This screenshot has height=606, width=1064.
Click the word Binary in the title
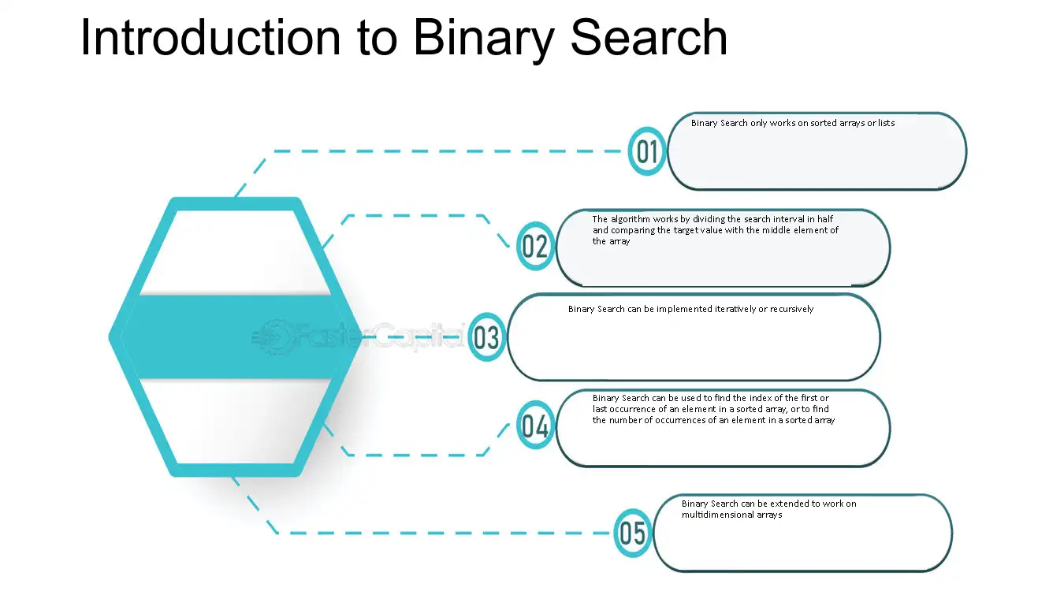(484, 39)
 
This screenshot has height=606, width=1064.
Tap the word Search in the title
(649, 37)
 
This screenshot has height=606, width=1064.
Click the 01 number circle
(647, 151)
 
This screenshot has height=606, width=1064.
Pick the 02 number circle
(535, 246)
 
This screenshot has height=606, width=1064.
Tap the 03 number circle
(486, 337)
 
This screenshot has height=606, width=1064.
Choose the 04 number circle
(535, 425)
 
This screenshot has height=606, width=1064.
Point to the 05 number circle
(633, 533)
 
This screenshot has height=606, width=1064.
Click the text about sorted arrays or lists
(793, 123)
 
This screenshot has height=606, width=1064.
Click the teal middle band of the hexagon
(235, 336)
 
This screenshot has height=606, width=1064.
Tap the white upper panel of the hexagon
(235, 251)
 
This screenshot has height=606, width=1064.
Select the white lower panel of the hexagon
(235, 422)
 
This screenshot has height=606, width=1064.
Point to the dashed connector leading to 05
(427, 534)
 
